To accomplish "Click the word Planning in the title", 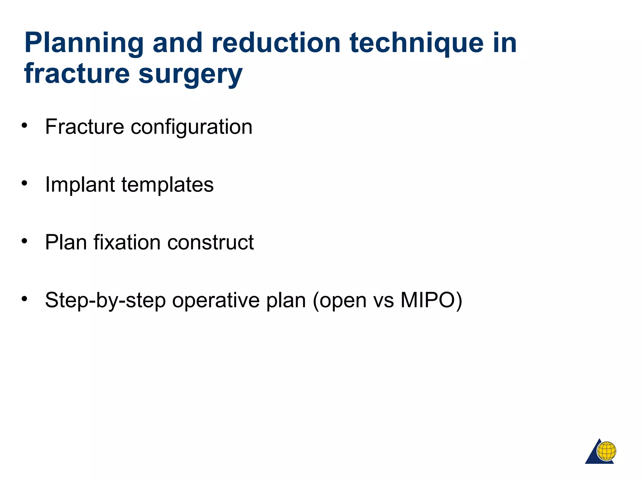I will [x=84, y=44].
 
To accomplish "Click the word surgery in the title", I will [x=190, y=75].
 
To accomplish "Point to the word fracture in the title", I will [x=77, y=73].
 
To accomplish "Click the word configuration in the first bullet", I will [x=191, y=127].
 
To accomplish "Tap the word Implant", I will [x=80, y=185].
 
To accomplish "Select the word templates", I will [x=167, y=185].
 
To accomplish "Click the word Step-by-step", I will [x=105, y=301].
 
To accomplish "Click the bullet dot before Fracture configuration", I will [x=24, y=126].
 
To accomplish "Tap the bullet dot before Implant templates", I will [x=24, y=183].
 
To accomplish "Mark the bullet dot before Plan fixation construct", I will [x=24, y=241].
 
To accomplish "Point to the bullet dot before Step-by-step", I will [x=24, y=298].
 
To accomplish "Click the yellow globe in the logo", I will [x=606, y=451].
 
